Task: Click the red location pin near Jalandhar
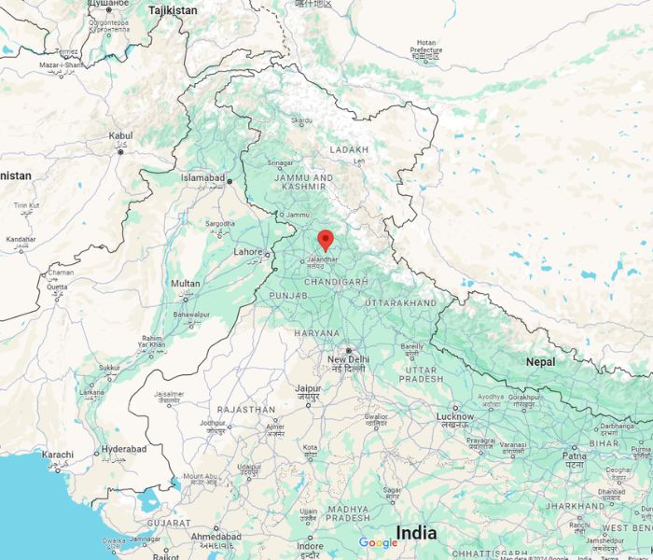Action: (325, 239)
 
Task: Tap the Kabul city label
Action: (120, 136)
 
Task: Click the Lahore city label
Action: (248, 251)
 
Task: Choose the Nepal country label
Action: (540, 361)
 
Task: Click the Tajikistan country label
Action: (172, 10)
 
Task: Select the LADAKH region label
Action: (350, 149)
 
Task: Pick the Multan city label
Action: (186, 284)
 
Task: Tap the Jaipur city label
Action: (308, 388)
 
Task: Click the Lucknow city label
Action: (455, 416)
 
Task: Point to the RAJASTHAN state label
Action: (246, 410)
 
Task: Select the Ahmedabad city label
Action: (215, 537)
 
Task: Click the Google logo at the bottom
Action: (378, 543)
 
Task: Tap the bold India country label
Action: (416, 533)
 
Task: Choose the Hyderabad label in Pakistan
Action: (123, 449)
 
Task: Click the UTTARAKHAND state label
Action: (400, 304)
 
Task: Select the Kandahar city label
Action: (21, 239)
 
